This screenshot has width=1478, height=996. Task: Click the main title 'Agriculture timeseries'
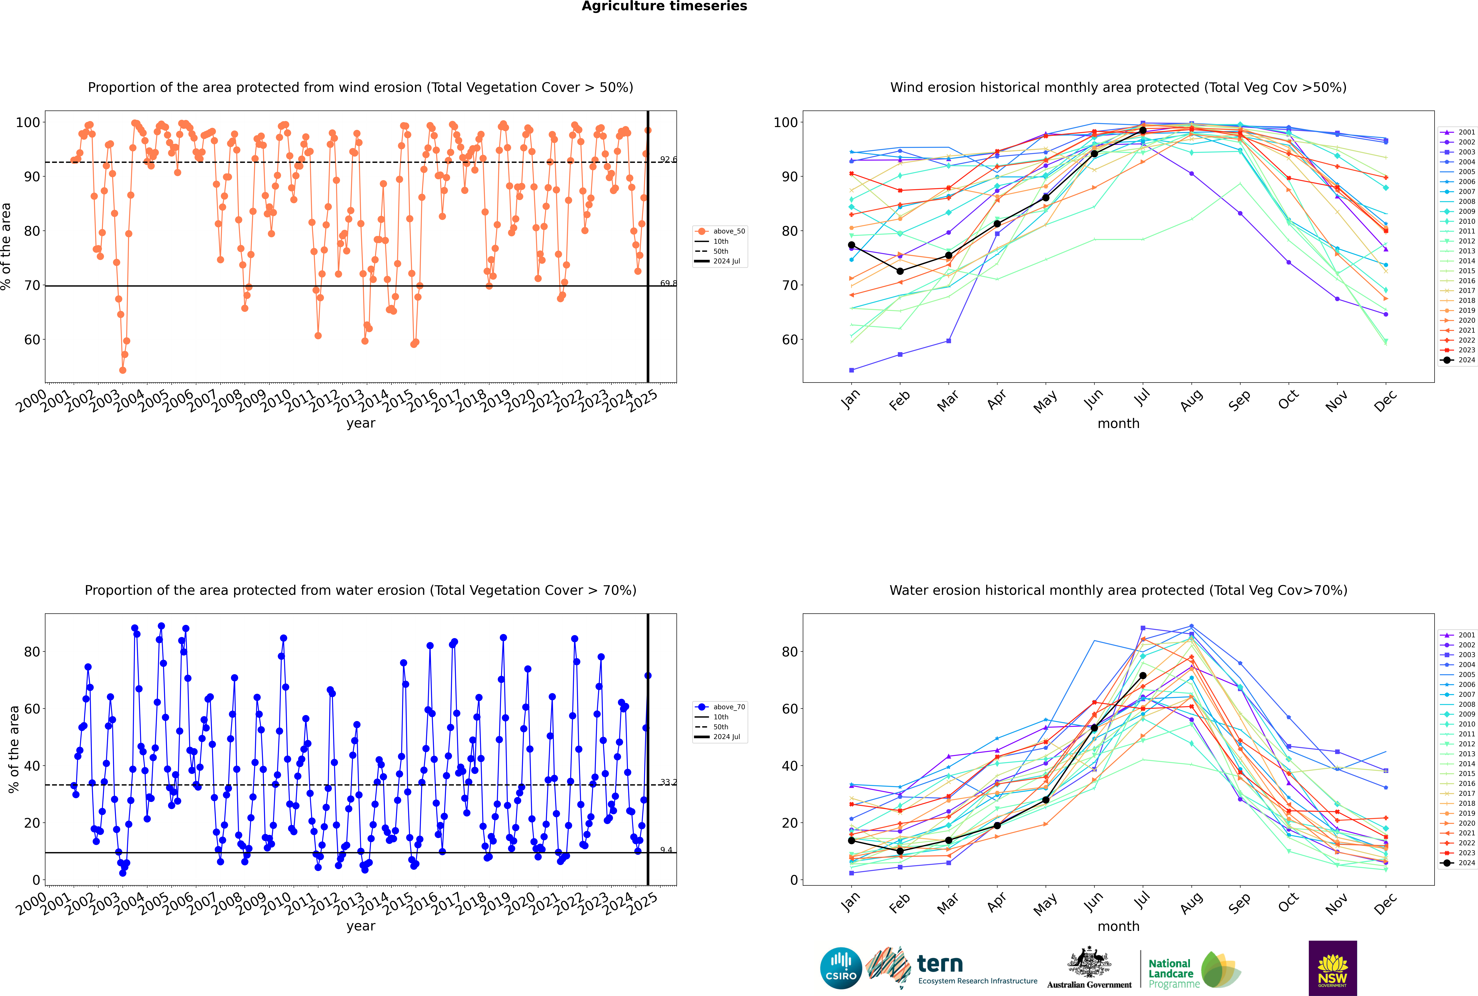point(664,6)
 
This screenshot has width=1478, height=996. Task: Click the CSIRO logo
point(841,968)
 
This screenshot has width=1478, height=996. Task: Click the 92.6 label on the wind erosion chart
point(668,159)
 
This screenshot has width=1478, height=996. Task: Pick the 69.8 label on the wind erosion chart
point(668,283)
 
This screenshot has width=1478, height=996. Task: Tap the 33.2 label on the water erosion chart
point(668,782)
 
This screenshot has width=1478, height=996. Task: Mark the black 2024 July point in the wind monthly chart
point(1142,130)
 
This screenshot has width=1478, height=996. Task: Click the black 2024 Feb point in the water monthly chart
point(900,851)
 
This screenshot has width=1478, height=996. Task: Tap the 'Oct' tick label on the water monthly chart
point(1288,903)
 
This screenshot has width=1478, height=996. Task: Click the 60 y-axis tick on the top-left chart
point(32,340)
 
